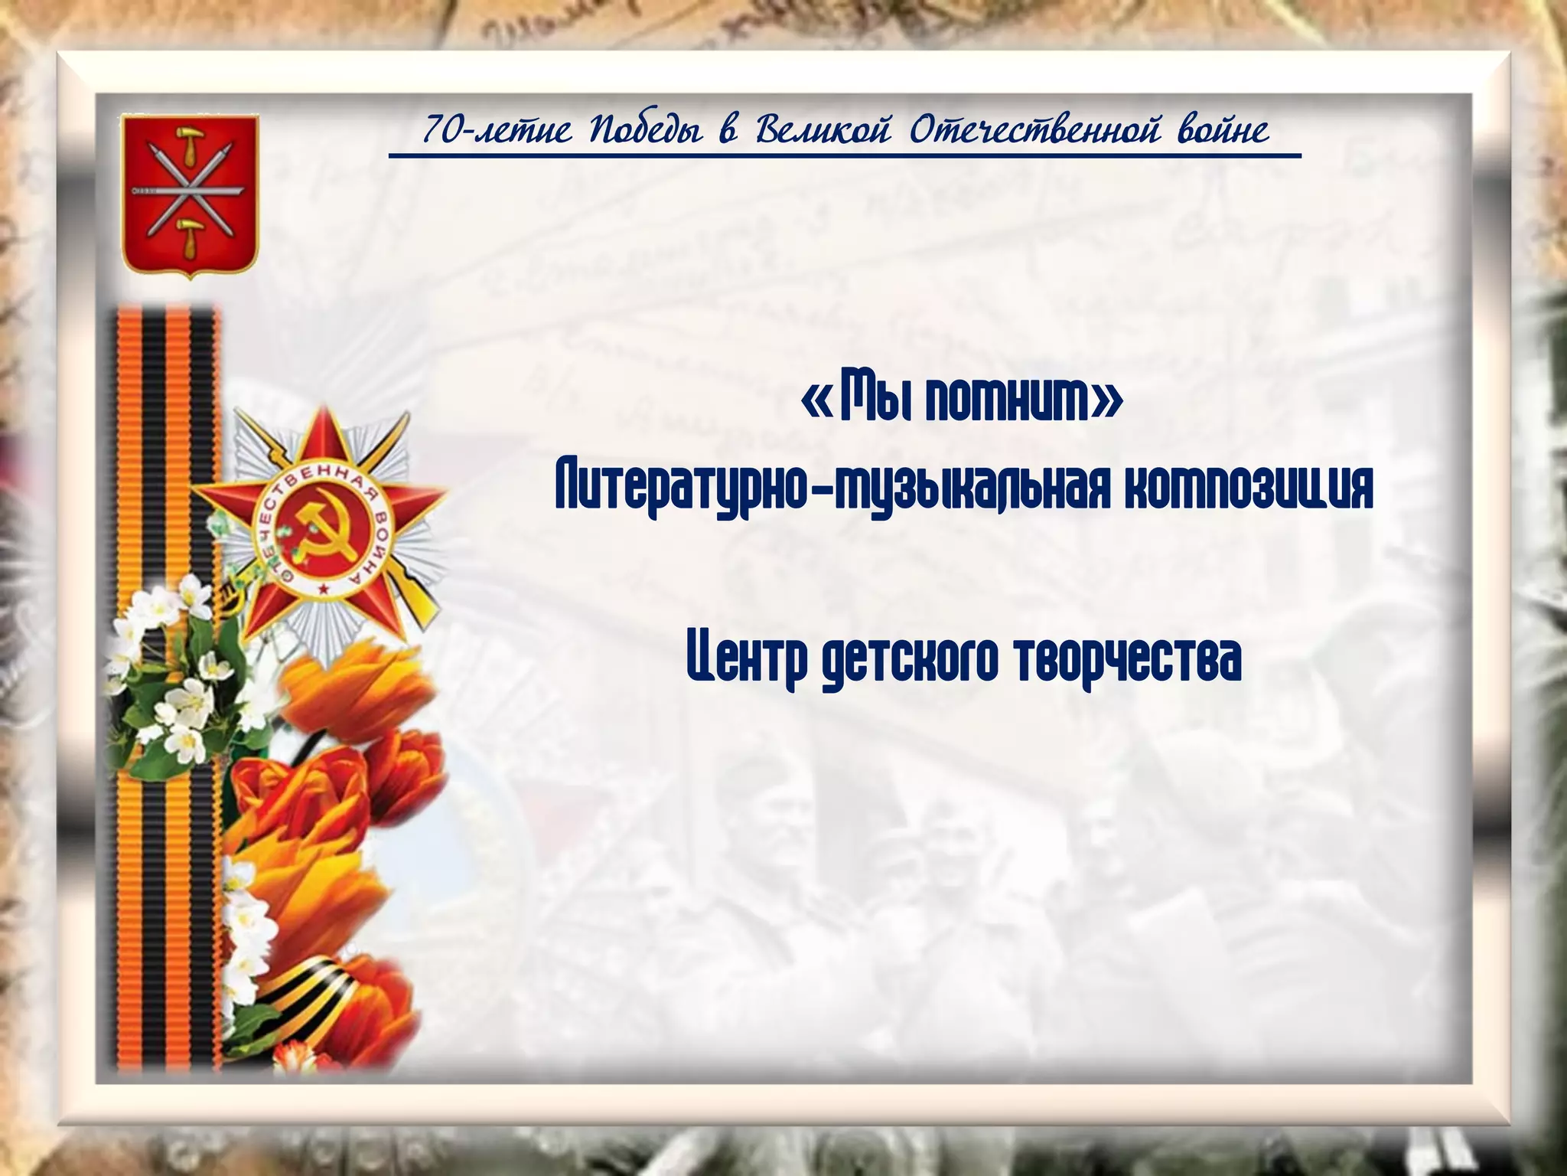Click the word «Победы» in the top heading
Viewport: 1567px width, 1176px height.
pos(645,131)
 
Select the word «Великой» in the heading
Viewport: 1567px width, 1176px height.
pos(823,131)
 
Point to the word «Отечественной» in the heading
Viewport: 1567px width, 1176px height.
pos(1035,131)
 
